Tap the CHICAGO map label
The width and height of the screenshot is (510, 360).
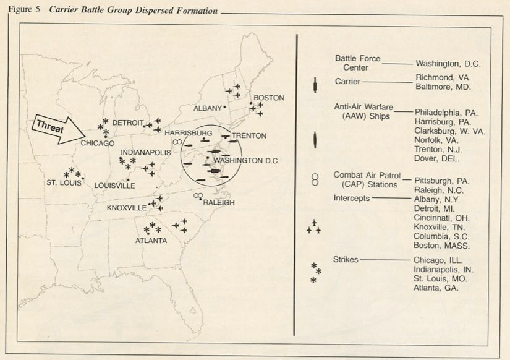click(x=98, y=144)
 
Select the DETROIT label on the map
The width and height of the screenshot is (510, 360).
click(x=128, y=123)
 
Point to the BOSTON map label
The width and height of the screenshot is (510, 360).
click(x=268, y=98)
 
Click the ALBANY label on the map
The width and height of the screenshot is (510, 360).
click(x=207, y=108)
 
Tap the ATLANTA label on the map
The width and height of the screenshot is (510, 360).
click(x=151, y=241)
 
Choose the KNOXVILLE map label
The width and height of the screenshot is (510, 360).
click(x=127, y=208)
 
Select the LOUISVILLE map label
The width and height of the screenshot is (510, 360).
click(x=115, y=186)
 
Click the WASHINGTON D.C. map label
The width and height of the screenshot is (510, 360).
click(x=247, y=161)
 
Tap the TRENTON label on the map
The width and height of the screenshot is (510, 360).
click(x=249, y=136)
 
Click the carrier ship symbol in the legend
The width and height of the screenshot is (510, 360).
click(x=315, y=85)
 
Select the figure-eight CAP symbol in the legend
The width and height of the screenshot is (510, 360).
click(x=315, y=180)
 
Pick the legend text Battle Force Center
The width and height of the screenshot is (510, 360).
click(x=358, y=63)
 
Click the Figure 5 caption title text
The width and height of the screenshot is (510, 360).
click(x=113, y=11)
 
